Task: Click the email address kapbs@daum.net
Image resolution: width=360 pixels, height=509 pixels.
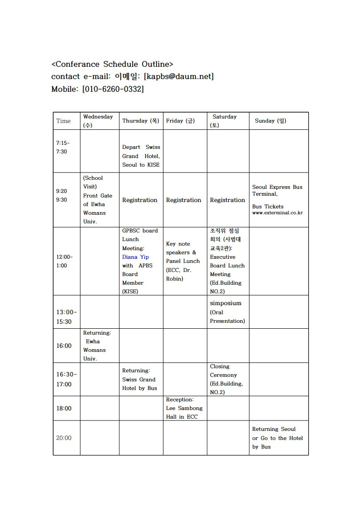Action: [178, 77]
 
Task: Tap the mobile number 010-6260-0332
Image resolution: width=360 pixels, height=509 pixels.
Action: [113, 89]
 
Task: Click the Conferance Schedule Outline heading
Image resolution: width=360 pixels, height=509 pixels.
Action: [112, 64]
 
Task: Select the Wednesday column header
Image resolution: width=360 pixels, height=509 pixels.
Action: [98, 121]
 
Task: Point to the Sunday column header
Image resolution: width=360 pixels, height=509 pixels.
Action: [271, 121]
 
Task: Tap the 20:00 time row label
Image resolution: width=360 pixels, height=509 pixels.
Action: [64, 438]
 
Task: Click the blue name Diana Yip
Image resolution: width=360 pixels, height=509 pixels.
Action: [135, 257]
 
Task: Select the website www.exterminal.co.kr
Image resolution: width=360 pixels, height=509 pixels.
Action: [277, 212]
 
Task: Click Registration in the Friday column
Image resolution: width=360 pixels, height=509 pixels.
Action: [183, 200]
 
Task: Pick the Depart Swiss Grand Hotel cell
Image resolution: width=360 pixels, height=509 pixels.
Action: [141, 156]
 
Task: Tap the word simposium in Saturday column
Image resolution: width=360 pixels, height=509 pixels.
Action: [226, 303]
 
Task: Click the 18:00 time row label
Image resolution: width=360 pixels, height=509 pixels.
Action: [64, 408]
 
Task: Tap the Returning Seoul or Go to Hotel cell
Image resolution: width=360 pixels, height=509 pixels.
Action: [277, 438]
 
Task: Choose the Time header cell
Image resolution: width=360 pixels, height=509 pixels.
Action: [64, 121]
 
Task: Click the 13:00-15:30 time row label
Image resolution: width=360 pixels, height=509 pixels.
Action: [66, 316]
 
